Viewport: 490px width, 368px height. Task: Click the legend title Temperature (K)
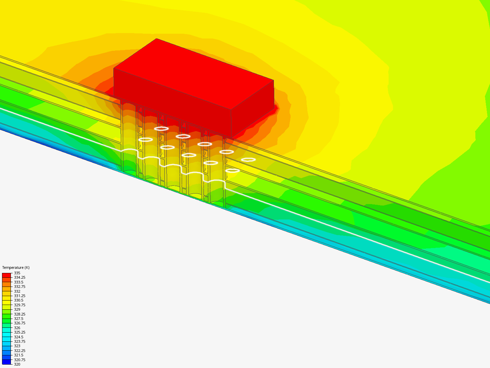click(16, 267)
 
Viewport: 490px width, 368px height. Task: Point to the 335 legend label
click(17, 273)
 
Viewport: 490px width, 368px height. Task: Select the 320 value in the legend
click(17, 364)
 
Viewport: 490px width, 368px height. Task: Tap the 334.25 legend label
click(19, 277)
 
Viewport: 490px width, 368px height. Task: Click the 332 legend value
click(17, 291)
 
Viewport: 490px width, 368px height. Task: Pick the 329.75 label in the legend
click(19, 305)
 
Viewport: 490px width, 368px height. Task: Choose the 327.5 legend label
click(18, 319)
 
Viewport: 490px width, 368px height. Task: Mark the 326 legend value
click(17, 328)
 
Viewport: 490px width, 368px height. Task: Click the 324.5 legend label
click(18, 337)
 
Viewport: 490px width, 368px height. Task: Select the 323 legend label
click(17, 346)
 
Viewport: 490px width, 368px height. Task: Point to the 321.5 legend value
click(18, 355)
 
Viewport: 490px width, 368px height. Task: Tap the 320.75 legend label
click(19, 360)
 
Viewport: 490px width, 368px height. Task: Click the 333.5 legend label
click(18, 282)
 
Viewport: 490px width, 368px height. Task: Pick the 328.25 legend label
click(19, 314)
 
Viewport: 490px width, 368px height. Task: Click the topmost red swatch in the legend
click(6, 275)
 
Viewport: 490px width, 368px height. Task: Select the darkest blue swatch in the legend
click(6, 362)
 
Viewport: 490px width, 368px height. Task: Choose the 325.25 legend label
click(19, 332)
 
